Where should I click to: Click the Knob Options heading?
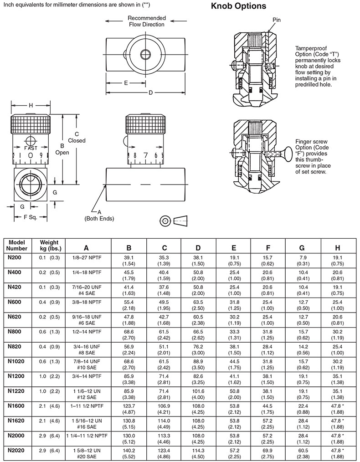click(x=239, y=6)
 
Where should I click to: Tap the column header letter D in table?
click(x=198, y=248)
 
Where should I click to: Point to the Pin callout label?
click(x=277, y=20)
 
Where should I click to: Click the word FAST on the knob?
click(x=31, y=148)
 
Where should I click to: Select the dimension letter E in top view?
click(x=126, y=83)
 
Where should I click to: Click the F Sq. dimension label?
click(x=30, y=217)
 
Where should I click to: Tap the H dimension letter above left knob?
click(x=31, y=106)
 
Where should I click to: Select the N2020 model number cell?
click(x=16, y=450)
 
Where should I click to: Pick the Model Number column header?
click(x=16, y=246)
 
